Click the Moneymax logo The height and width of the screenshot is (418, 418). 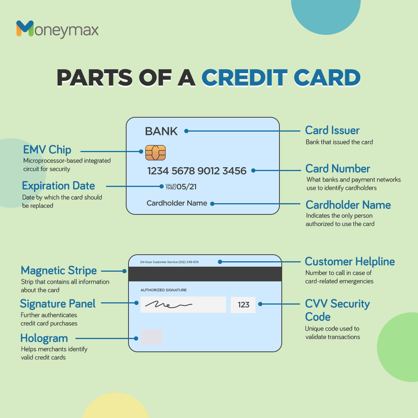pos(57,29)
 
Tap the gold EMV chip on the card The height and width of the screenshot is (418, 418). pos(156,153)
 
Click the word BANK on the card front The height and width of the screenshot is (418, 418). pos(161,131)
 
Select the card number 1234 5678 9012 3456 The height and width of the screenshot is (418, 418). pos(197,171)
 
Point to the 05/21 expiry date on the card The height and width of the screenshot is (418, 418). pos(187,187)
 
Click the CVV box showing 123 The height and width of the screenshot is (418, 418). pos(243,305)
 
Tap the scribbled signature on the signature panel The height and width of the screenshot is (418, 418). pos(168,305)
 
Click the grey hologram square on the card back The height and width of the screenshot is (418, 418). pos(151,337)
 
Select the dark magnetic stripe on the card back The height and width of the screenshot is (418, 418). pos(205,274)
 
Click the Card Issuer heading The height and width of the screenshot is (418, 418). pos(332,130)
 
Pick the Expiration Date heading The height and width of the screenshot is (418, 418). pos(58,186)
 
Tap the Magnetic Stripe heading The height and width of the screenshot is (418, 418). pos(59,270)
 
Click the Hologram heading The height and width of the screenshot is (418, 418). pos(44,338)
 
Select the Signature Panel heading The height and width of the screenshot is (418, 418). pos(58,304)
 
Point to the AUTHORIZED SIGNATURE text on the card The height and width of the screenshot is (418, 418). pos(163,290)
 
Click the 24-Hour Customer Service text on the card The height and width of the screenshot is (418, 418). pos(169,262)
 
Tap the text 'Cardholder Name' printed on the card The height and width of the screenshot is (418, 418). pos(177,203)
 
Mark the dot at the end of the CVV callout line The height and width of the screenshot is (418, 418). pos(260,304)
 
